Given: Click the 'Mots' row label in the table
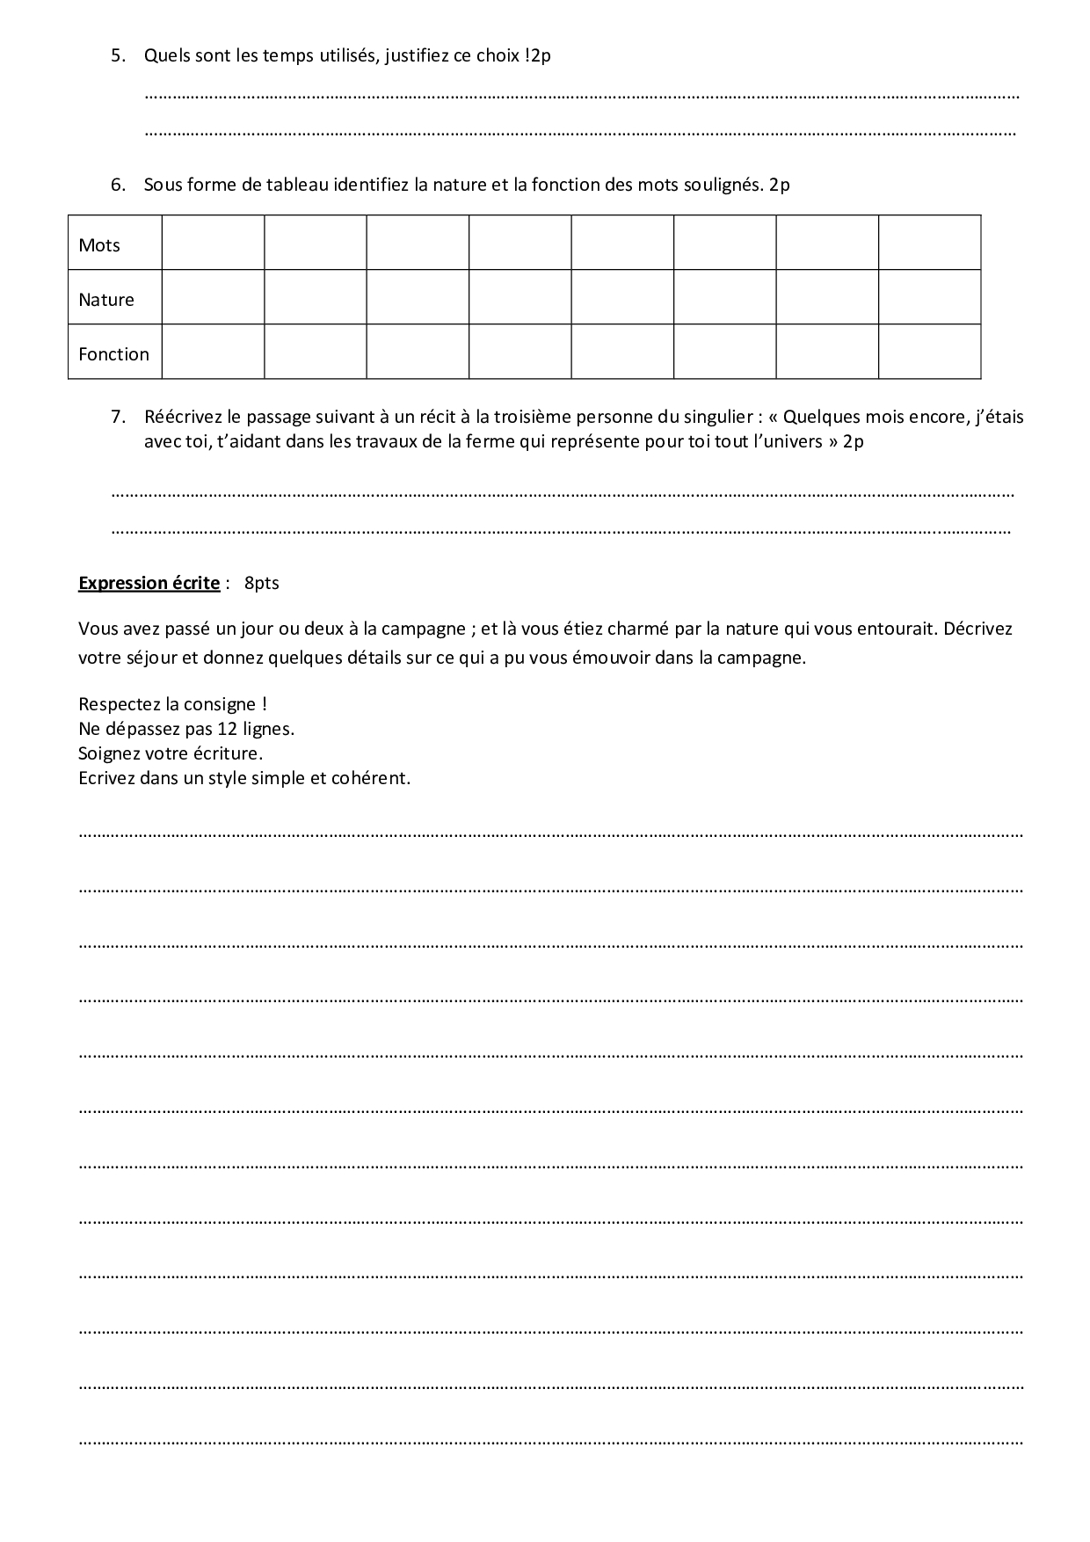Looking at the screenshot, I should [99, 245].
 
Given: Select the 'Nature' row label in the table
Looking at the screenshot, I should [106, 300].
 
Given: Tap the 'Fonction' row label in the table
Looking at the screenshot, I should [113, 354].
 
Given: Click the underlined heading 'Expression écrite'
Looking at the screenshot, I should [149, 583].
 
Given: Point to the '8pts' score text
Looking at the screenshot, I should [262, 583].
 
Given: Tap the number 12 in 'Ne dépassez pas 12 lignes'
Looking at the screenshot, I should [227, 729].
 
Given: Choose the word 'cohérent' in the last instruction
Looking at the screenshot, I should [375, 778].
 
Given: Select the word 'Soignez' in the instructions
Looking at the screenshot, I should [107, 753].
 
